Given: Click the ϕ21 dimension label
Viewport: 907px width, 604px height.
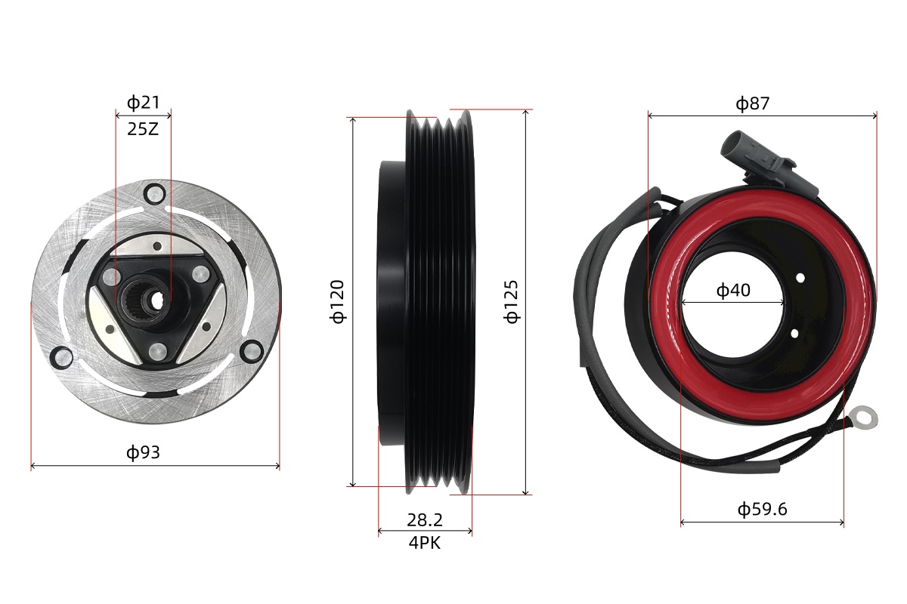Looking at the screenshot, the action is tap(144, 103).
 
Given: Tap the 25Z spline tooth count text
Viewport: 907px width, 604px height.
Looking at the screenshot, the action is tap(143, 129).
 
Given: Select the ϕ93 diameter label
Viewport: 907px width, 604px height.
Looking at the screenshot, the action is tap(144, 452).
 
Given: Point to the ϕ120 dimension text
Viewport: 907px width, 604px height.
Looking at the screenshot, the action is tap(337, 301).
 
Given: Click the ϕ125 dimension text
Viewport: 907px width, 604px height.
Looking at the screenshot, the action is tap(511, 301).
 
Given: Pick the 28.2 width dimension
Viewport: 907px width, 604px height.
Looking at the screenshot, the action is tap(425, 520).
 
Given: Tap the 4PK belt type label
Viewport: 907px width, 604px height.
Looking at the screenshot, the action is tap(425, 543).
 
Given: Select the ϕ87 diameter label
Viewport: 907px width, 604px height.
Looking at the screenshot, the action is tap(752, 103).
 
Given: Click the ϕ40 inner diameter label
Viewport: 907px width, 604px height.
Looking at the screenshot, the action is tap(733, 290).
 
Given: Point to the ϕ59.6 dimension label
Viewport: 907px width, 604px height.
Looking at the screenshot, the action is tap(762, 509).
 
